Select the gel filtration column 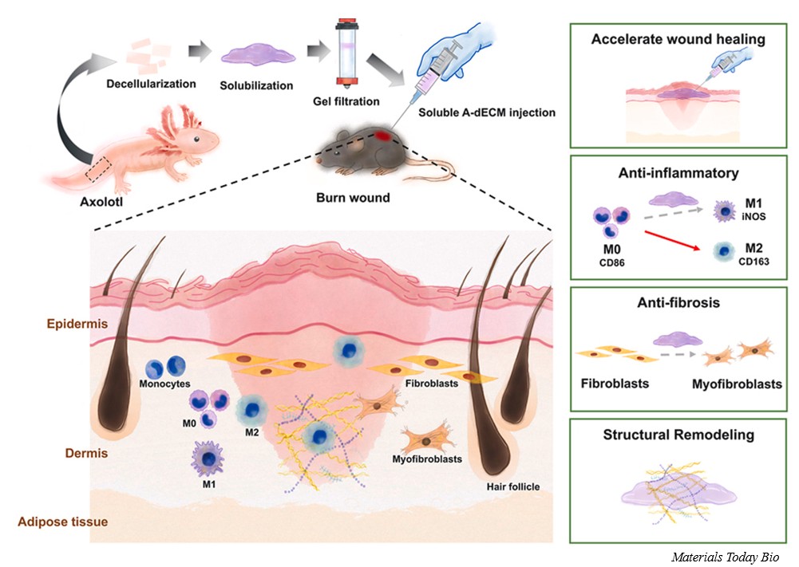[346, 53]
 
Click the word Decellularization [151, 84]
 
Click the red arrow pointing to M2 [673, 240]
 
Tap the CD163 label [754, 262]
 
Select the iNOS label [753, 216]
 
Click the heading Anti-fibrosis [678, 303]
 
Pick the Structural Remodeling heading [678, 435]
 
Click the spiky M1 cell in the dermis [208, 458]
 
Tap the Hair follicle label [512, 486]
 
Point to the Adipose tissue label [63, 522]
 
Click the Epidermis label [77, 324]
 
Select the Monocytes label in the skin [164, 384]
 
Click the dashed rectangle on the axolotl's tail [98, 169]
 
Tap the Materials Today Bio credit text [725, 557]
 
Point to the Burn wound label [353, 198]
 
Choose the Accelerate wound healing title [678, 39]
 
